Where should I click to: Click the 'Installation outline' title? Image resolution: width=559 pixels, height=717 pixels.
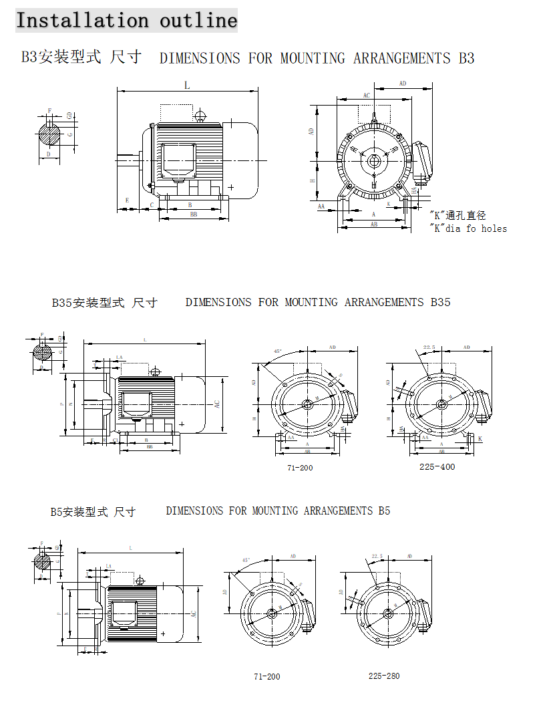126,20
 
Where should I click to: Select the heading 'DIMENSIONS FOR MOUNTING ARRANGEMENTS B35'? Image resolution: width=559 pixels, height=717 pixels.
318,302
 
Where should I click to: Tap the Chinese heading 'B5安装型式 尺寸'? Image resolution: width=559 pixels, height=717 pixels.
93,512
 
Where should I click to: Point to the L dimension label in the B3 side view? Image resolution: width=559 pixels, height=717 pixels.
187,85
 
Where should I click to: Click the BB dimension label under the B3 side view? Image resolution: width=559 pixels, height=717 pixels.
193,214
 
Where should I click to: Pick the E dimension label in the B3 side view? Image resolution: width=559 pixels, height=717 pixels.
127,200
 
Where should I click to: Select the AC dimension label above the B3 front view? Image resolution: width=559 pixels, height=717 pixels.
366,96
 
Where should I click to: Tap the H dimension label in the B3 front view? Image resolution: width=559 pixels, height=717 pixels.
312,180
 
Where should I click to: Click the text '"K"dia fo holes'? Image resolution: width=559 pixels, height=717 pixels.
468,229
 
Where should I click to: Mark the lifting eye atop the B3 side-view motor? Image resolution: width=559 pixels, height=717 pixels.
199,116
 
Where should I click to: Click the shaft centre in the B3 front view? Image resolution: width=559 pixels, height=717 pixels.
374,160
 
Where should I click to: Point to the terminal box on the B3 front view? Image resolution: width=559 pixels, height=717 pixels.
422,162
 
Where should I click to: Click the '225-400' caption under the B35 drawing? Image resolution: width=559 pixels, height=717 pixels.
437,466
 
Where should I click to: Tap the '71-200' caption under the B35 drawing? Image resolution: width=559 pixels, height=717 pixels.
300,468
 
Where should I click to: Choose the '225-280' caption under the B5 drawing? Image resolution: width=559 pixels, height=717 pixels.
384,676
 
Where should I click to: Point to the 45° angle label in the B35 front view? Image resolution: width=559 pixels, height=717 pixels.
278,351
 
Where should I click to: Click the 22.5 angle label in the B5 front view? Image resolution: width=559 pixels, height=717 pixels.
377,555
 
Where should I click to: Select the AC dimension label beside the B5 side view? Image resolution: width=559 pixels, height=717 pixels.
194,613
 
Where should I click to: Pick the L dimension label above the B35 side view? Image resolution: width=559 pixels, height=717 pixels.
144,339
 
